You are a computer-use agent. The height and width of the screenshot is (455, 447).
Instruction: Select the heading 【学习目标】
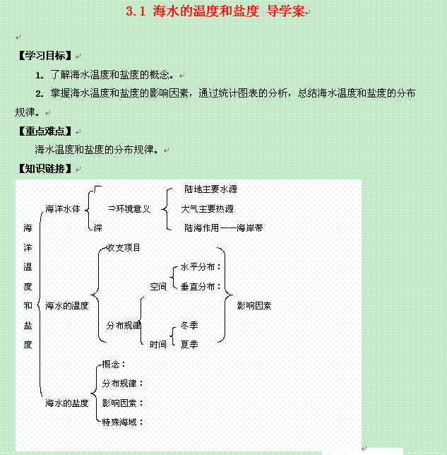pos(45,55)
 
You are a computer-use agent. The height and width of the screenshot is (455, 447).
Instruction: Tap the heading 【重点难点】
pos(45,131)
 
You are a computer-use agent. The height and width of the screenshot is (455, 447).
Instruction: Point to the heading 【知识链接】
pos(45,168)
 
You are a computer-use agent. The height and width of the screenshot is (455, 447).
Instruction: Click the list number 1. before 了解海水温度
pos(40,76)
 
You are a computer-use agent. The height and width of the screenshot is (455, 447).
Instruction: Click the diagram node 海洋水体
pos(63,209)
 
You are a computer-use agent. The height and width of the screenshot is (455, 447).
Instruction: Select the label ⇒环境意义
pos(129,208)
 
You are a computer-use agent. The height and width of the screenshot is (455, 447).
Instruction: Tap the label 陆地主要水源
pos(210,189)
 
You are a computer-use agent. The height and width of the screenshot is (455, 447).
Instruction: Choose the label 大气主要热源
pos(207,209)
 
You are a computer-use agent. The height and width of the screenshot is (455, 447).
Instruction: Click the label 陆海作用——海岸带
pos(224,228)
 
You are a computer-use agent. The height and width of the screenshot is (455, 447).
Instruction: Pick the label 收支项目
pos(124,248)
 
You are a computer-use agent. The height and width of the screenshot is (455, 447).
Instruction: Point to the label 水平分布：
pos(201,267)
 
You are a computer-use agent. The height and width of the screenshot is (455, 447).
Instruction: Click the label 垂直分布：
pos(201,287)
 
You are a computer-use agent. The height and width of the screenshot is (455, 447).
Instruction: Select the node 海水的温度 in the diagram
pos(66,306)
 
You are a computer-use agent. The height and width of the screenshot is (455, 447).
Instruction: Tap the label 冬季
pos(189,326)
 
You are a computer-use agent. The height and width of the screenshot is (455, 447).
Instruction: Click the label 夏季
pos(189,345)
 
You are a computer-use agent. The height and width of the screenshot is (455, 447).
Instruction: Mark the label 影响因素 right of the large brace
pos(254,306)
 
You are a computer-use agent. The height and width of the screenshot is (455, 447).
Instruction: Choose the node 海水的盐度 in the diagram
pos(66,403)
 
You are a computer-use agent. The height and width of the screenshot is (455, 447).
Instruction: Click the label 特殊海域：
pos(123,422)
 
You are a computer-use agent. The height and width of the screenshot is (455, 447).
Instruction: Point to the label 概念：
pos(114,365)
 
